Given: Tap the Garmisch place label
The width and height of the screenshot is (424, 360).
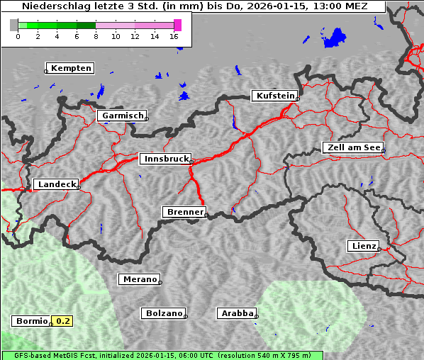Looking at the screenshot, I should pyautogui.click(x=123, y=116).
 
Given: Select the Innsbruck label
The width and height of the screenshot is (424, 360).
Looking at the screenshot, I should pyautogui.click(x=165, y=159).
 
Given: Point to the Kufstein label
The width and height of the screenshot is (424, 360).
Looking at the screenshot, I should pyautogui.click(x=275, y=96).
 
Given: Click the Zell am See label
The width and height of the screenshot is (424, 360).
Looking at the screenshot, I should pyautogui.click(x=353, y=147).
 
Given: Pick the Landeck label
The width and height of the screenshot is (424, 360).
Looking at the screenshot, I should pyautogui.click(x=56, y=184).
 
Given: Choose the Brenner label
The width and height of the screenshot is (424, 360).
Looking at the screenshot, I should pyautogui.click(x=184, y=212).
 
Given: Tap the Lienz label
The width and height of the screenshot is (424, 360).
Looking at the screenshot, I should pyautogui.click(x=363, y=246).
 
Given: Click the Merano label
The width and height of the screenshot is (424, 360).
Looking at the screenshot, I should pyautogui.click(x=139, y=279).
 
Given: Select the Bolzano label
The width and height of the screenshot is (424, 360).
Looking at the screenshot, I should pyautogui.click(x=164, y=313).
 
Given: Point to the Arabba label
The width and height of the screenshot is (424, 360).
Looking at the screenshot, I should pyautogui.click(x=235, y=313).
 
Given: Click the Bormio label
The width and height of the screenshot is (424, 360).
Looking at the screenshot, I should pyautogui.click(x=31, y=321).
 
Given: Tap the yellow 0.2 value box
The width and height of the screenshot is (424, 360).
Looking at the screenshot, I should pyautogui.click(x=63, y=321).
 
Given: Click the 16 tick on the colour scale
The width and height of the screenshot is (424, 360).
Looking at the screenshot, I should pyautogui.click(x=174, y=35).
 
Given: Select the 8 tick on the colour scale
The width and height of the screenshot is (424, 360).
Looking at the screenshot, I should pyautogui.click(x=96, y=35).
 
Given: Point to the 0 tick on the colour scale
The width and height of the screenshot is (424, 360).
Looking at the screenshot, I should pyautogui.click(x=18, y=35).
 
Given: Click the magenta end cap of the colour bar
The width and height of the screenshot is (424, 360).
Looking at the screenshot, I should pyautogui.click(x=177, y=25).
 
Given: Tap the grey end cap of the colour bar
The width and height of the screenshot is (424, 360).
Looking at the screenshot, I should pyautogui.click(x=13, y=25).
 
